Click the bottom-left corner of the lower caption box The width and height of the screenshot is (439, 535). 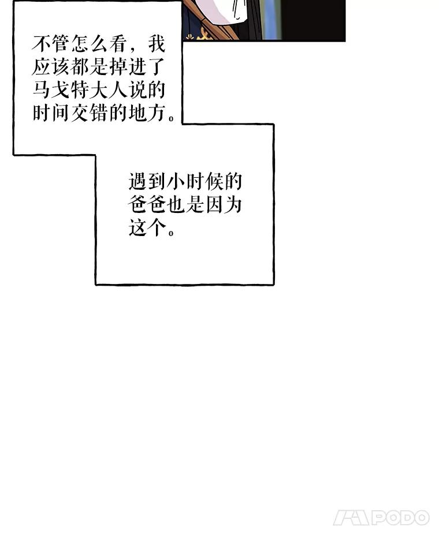pyautogui.click(x=96, y=284)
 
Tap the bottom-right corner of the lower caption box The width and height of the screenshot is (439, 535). pyautogui.click(x=273, y=284)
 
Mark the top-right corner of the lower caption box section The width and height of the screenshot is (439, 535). pyautogui.click(x=273, y=125)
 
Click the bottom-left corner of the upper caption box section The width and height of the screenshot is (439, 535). pyautogui.click(x=14, y=155)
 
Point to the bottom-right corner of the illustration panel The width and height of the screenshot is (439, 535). pyautogui.click(x=345, y=41)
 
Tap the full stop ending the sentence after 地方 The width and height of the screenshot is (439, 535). pyautogui.click(x=172, y=119)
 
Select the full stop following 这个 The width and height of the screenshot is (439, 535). pyautogui.click(x=172, y=233)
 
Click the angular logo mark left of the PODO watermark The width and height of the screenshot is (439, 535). pyautogui.click(x=351, y=518)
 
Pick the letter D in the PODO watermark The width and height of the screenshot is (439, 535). pyautogui.click(x=410, y=518)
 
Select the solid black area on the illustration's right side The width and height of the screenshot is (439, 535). pyautogui.click(x=314, y=20)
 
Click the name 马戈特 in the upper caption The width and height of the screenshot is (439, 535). pyautogui.click(x=61, y=89)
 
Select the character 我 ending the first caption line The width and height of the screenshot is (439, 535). pyautogui.click(x=157, y=44)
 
